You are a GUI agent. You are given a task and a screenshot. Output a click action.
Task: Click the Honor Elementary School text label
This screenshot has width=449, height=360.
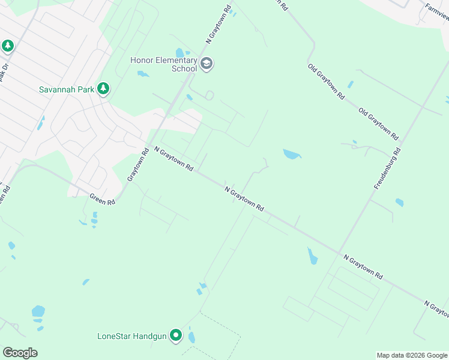(x=164, y=64)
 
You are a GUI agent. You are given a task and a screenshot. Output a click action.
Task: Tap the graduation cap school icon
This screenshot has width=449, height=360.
(x=207, y=64)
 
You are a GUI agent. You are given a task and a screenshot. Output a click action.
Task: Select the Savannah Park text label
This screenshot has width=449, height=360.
(x=67, y=89)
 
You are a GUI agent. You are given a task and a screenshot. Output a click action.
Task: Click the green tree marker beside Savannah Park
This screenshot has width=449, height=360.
(x=104, y=89)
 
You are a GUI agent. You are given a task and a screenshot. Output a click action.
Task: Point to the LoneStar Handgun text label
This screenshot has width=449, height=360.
(x=131, y=335)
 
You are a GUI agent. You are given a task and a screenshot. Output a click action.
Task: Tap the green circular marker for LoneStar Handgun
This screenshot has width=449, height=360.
(x=176, y=335)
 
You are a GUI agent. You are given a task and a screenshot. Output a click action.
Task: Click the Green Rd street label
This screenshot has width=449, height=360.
(x=102, y=199)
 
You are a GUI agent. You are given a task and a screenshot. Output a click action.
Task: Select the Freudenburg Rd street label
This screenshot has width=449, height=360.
(x=387, y=166)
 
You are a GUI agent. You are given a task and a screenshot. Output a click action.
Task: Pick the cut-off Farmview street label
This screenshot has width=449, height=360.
(x=436, y=10)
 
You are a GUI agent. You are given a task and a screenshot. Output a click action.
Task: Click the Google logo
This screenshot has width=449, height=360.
(x=20, y=353)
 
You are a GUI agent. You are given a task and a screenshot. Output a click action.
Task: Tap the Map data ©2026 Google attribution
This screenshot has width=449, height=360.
(x=412, y=355)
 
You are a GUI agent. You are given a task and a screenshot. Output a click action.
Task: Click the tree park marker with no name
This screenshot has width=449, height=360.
(x=8, y=46)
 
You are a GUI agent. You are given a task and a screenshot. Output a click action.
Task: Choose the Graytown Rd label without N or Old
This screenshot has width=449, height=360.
(x=137, y=165)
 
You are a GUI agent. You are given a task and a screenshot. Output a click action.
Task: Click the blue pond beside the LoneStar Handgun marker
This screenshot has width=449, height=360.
(x=191, y=337)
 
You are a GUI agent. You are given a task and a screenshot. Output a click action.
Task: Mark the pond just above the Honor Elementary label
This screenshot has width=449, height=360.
(x=180, y=52)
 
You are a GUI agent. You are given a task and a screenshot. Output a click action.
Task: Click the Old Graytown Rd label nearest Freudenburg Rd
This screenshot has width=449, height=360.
(x=378, y=124)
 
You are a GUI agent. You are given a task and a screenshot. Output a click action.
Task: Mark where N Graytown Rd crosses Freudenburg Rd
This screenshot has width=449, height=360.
(x=338, y=252)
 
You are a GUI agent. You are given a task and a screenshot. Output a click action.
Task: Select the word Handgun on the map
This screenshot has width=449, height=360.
(x=149, y=335)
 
